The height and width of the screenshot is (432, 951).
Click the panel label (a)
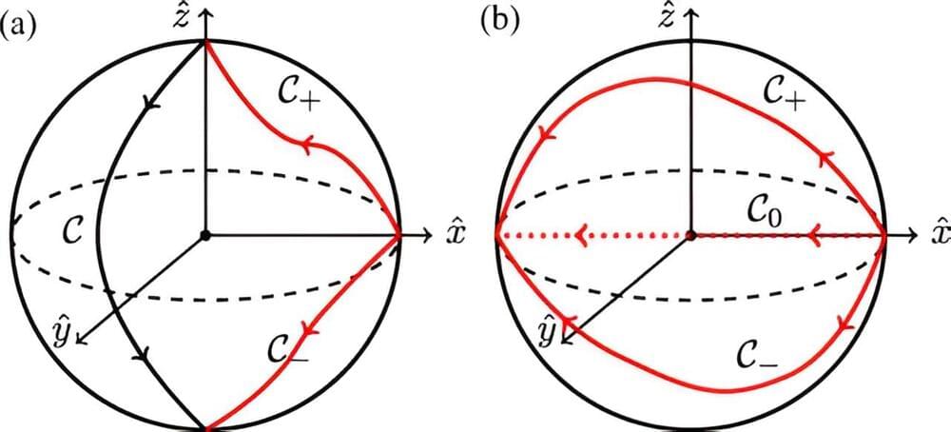coord(19,25)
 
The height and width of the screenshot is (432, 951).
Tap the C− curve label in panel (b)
coord(759,356)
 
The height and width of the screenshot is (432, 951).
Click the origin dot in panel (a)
coord(206,234)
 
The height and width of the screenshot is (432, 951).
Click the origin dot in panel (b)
coord(690,234)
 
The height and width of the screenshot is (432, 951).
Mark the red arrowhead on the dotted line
coord(581,234)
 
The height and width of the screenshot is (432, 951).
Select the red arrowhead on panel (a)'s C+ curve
coord(307,144)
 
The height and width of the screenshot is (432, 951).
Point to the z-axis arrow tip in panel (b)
coord(690,9)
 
